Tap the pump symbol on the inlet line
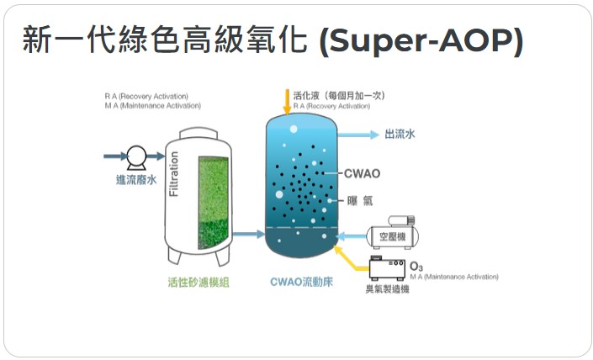(135, 156)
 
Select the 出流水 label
(400, 133)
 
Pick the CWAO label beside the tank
(362, 174)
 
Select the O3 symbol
(416, 267)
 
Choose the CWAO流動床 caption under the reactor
(302, 283)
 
